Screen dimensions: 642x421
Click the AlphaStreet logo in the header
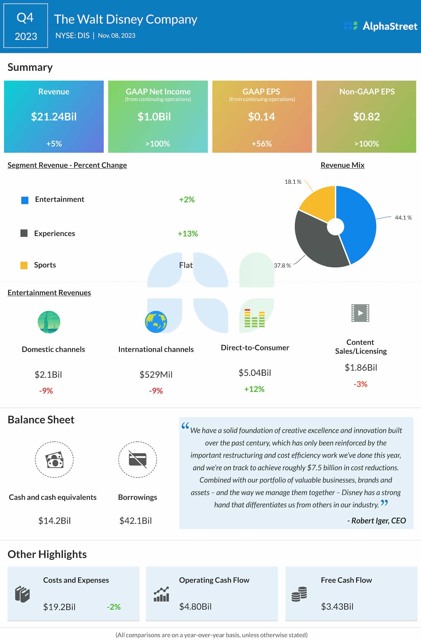[x=381, y=26]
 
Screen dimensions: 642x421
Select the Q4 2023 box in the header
[x=26, y=26]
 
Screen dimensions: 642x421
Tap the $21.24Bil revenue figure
[x=54, y=117]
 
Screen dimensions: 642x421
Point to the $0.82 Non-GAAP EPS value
[x=366, y=117]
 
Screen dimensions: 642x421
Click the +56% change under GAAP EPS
[x=261, y=144]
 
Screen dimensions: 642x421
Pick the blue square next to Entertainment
[x=25, y=200]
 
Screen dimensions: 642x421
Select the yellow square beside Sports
[x=24, y=265]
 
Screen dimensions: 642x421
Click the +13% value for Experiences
[x=188, y=234]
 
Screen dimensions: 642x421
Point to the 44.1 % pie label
[x=403, y=218]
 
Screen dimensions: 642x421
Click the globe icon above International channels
[x=156, y=322]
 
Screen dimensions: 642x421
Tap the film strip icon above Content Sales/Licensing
[x=360, y=313]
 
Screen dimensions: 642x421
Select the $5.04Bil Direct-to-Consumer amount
[x=255, y=373]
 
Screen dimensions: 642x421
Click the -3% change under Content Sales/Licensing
[x=360, y=384]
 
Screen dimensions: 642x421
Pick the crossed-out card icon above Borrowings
[x=137, y=459]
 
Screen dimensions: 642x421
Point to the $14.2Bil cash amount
[x=55, y=520]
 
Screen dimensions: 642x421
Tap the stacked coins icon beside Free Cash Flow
[x=299, y=594]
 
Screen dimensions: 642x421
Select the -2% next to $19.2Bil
[x=114, y=607]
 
